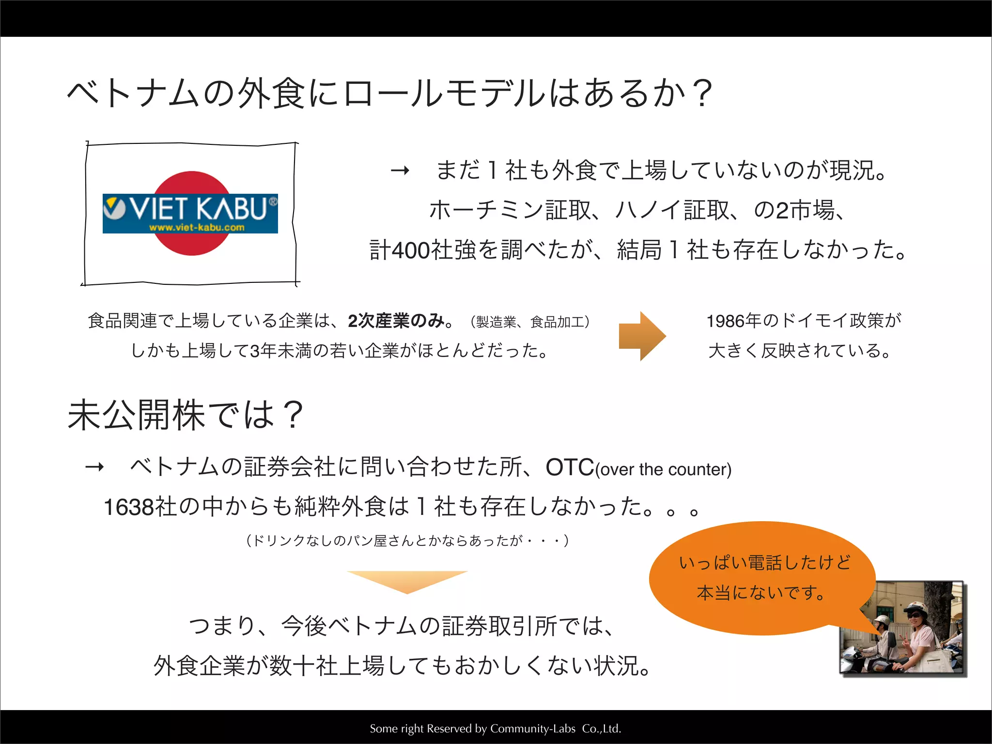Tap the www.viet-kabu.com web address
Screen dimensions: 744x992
click(197, 228)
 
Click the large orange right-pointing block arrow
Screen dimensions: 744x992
click(642, 336)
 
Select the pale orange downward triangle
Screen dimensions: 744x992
click(407, 581)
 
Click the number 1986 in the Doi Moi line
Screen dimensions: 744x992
click(726, 321)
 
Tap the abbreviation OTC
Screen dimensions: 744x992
click(570, 468)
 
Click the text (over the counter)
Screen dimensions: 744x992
click(663, 470)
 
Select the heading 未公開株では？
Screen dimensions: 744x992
click(186, 415)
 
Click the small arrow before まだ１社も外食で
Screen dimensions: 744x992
click(400, 170)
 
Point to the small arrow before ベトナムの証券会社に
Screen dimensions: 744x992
click(94, 467)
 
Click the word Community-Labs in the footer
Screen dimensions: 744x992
click(533, 728)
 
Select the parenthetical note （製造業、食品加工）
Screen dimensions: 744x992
click(530, 322)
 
